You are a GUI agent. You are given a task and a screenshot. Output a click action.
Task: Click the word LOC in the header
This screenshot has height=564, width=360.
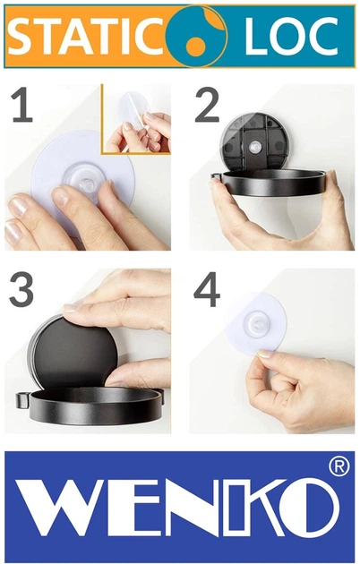(291, 36)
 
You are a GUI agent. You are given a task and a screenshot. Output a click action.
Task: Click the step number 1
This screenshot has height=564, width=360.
(21, 105)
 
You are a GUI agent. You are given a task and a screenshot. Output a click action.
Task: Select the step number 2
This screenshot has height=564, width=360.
(207, 106)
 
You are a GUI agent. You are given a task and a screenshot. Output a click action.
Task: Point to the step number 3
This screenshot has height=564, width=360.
(21, 290)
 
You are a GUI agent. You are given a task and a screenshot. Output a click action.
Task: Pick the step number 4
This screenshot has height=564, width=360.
(207, 290)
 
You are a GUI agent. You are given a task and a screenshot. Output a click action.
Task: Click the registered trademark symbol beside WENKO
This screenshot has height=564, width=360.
(339, 466)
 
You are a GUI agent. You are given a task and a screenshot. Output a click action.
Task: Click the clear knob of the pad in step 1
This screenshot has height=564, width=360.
(84, 181)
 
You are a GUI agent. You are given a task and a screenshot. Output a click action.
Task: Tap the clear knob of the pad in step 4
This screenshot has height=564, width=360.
(256, 322)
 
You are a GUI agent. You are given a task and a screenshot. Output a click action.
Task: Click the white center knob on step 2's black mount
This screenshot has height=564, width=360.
(254, 147)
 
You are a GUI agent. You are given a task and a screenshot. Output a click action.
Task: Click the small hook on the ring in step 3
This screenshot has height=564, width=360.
(22, 400)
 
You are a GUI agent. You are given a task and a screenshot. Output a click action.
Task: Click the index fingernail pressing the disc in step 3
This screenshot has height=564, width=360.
(73, 307)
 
